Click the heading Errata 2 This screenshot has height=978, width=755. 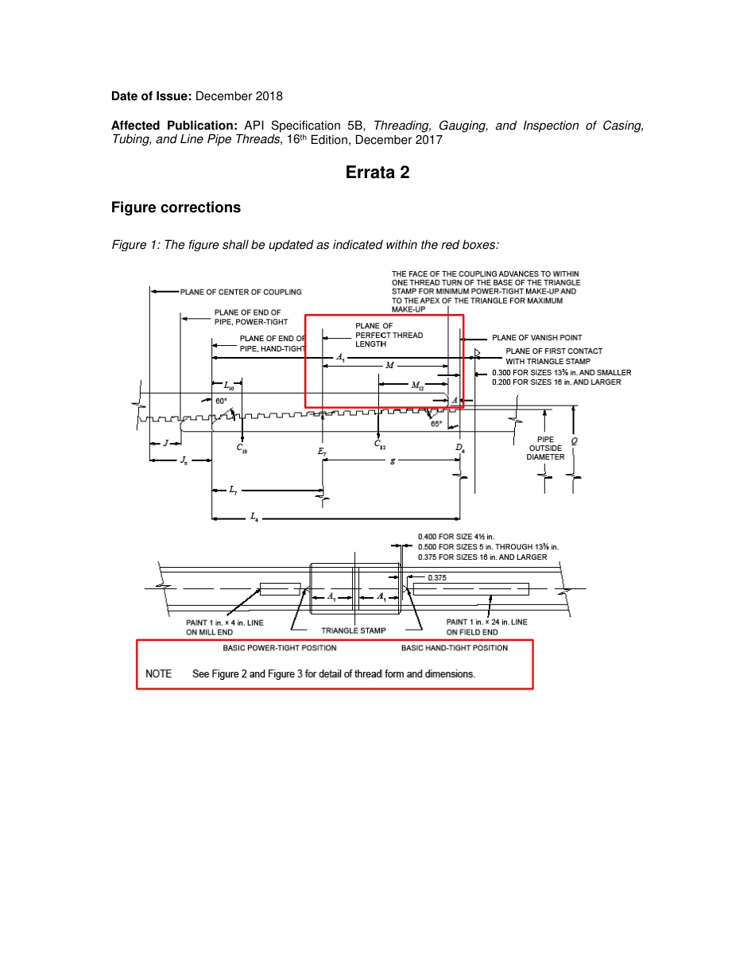click(x=377, y=172)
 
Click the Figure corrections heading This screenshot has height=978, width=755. click(x=176, y=208)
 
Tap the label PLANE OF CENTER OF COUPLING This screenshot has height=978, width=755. click(x=241, y=292)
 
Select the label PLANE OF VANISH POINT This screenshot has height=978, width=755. click(x=536, y=338)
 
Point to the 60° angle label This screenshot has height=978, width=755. click(x=221, y=402)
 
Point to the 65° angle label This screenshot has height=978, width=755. click(x=436, y=424)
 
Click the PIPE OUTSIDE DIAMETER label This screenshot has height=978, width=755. click(x=545, y=448)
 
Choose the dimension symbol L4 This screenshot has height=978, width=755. click(x=254, y=518)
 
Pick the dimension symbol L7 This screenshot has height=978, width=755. click(x=233, y=490)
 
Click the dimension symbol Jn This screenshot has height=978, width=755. click(x=184, y=460)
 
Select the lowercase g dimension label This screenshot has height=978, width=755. click(x=392, y=460)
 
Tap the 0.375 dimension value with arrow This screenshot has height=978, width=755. click(x=436, y=578)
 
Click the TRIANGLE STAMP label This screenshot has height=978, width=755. click(x=354, y=631)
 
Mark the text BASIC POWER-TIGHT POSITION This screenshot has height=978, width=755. click(x=274, y=648)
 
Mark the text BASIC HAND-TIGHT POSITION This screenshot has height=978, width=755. click(x=454, y=648)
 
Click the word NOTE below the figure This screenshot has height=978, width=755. click(x=159, y=673)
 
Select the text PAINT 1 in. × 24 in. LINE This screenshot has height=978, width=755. click(x=486, y=622)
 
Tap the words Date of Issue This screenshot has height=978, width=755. click(x=150, y=96)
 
